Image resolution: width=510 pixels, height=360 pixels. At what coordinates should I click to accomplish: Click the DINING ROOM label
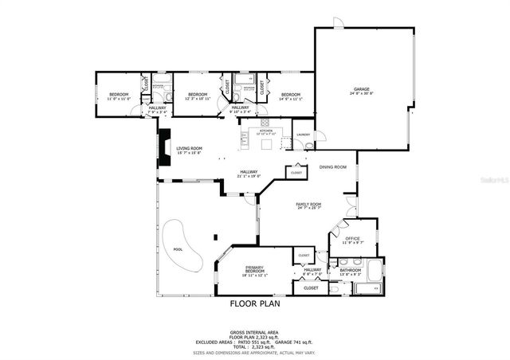[x=333, y=167]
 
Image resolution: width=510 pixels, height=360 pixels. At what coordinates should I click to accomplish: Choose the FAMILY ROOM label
[x=308, y=205]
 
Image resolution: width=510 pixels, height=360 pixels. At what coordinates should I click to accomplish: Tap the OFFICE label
[x=352, y=238]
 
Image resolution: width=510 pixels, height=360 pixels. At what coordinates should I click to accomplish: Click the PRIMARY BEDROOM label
[x=255, y=270]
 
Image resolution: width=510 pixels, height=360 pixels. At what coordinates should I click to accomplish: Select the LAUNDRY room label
[x=302, y=135]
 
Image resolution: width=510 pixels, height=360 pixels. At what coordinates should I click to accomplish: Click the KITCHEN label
[x=265, y=131]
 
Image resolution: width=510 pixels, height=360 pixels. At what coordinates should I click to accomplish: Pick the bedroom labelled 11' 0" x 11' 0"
[x=119, y=96]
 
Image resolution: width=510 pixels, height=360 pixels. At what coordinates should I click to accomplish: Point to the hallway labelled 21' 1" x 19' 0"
[x=249, y=173]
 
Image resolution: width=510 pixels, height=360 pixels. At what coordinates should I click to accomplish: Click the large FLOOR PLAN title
[x=255, y=303]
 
